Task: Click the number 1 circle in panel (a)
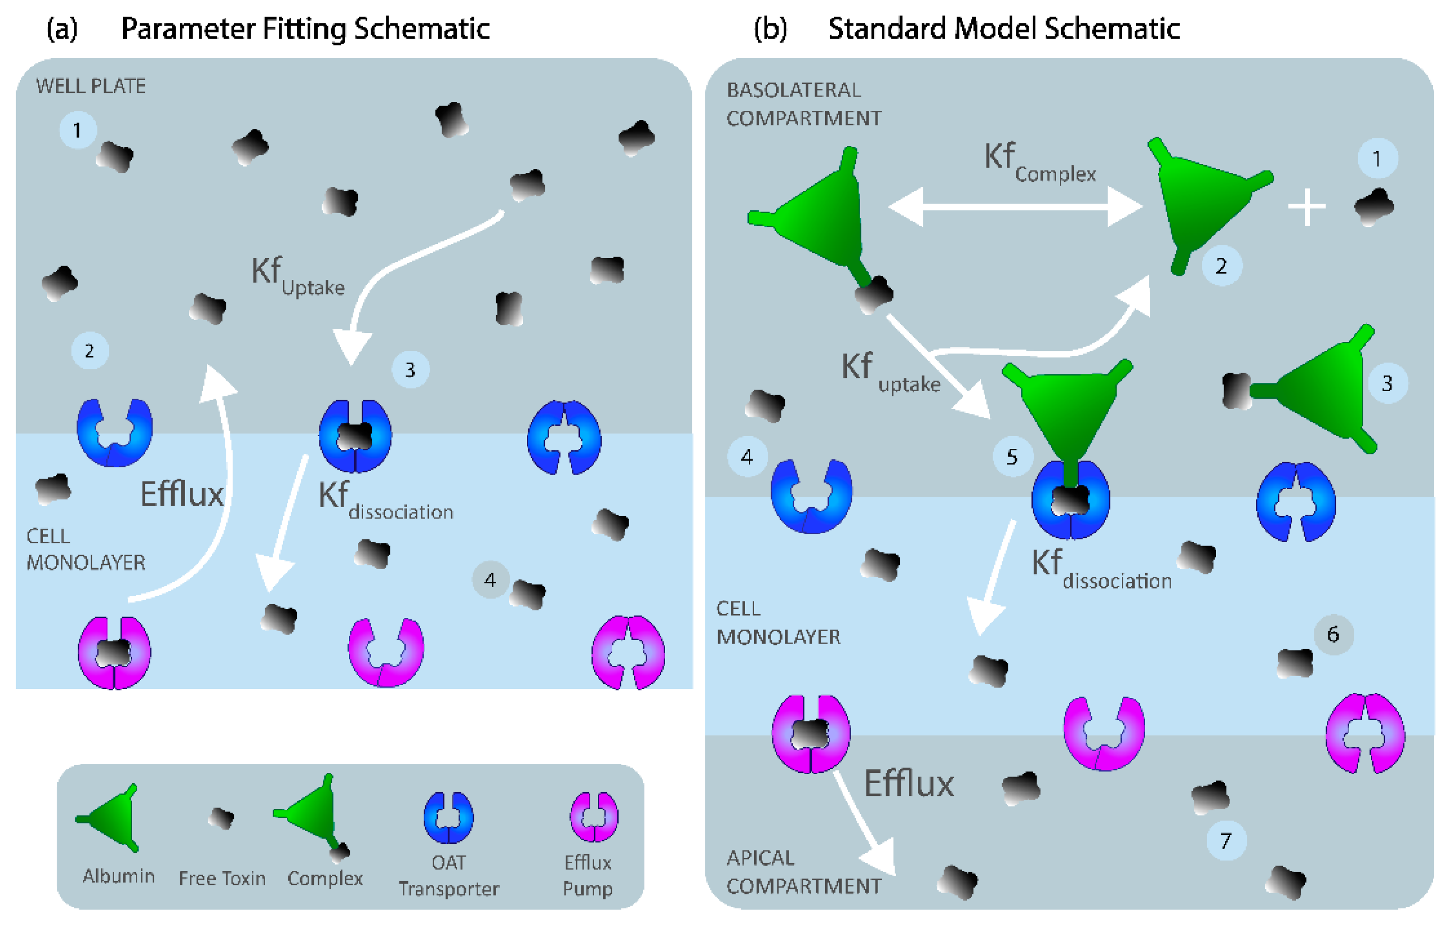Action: pos(77,130)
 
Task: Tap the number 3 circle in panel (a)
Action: pos(410,369)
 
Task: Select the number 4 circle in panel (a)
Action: pos(490,580)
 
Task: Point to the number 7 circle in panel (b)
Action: pos(1225,840)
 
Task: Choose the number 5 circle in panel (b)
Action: pos(1012,456)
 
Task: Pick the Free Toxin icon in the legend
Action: pos(221,818)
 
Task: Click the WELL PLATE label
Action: pos(90,86)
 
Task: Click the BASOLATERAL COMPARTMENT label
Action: pos(803,104)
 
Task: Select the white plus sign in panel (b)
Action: pos(1307,207)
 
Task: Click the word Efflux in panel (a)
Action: pos(182,494)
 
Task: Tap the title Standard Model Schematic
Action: pos(1004,28)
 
